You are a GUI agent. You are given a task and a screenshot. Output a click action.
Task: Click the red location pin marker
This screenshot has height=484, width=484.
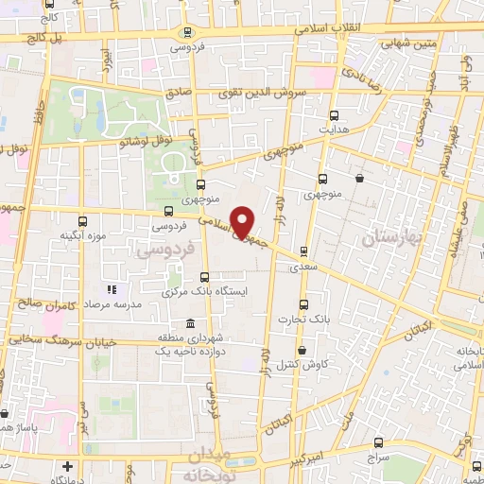(243, 220)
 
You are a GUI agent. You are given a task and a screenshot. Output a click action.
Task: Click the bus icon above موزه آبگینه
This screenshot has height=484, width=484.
(82, 221)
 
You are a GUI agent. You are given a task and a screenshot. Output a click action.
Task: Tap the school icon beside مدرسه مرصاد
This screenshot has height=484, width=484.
(111, 289)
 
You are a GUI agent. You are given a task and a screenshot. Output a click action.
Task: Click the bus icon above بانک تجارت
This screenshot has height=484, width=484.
(302, 304)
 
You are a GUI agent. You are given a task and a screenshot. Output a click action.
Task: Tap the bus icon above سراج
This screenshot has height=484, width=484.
(379, 441)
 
